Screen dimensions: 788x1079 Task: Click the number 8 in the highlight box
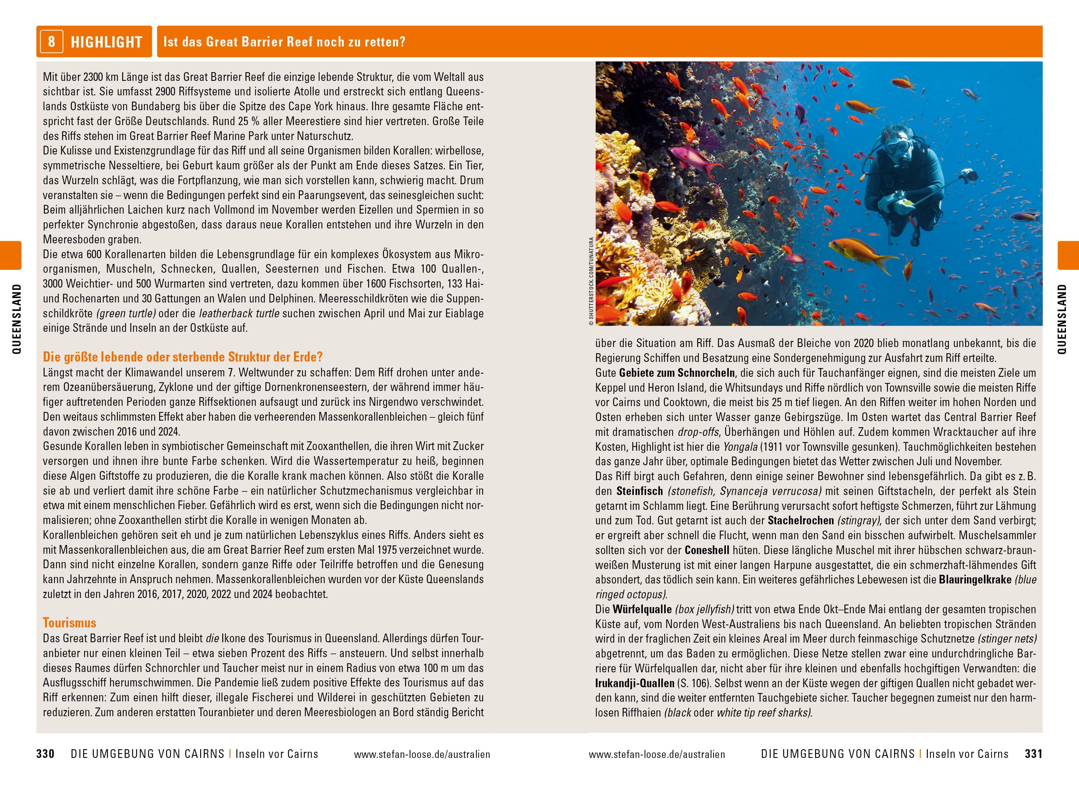tap(51, 41)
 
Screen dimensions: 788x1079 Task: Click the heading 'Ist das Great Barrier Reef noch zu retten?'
tap(284, 42)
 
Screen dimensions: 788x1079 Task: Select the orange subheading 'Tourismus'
tap(70, 623)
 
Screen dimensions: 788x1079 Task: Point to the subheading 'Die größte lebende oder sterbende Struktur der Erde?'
tap(183, 357)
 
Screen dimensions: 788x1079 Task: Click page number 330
tap(45, 754)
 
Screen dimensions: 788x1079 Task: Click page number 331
tap(1034, 754)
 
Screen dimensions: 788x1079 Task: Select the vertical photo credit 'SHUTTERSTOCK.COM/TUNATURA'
tap(591, 281)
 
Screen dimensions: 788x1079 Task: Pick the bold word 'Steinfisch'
tap(640, 491)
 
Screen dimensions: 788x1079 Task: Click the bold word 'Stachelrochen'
tap(801, 520)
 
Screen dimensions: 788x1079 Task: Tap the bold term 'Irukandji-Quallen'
tap(634, 683)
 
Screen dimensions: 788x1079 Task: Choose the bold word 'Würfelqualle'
tap(642, 609)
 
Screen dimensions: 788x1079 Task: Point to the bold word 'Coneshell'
tap(707, 550)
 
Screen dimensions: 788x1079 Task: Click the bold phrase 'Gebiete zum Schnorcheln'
tap(677, 372)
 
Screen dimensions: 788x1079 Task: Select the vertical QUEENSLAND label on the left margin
tap(17, 319)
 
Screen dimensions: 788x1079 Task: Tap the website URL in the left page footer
tap(422, 754)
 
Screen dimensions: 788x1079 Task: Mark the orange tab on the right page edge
tap(1068, 255)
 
